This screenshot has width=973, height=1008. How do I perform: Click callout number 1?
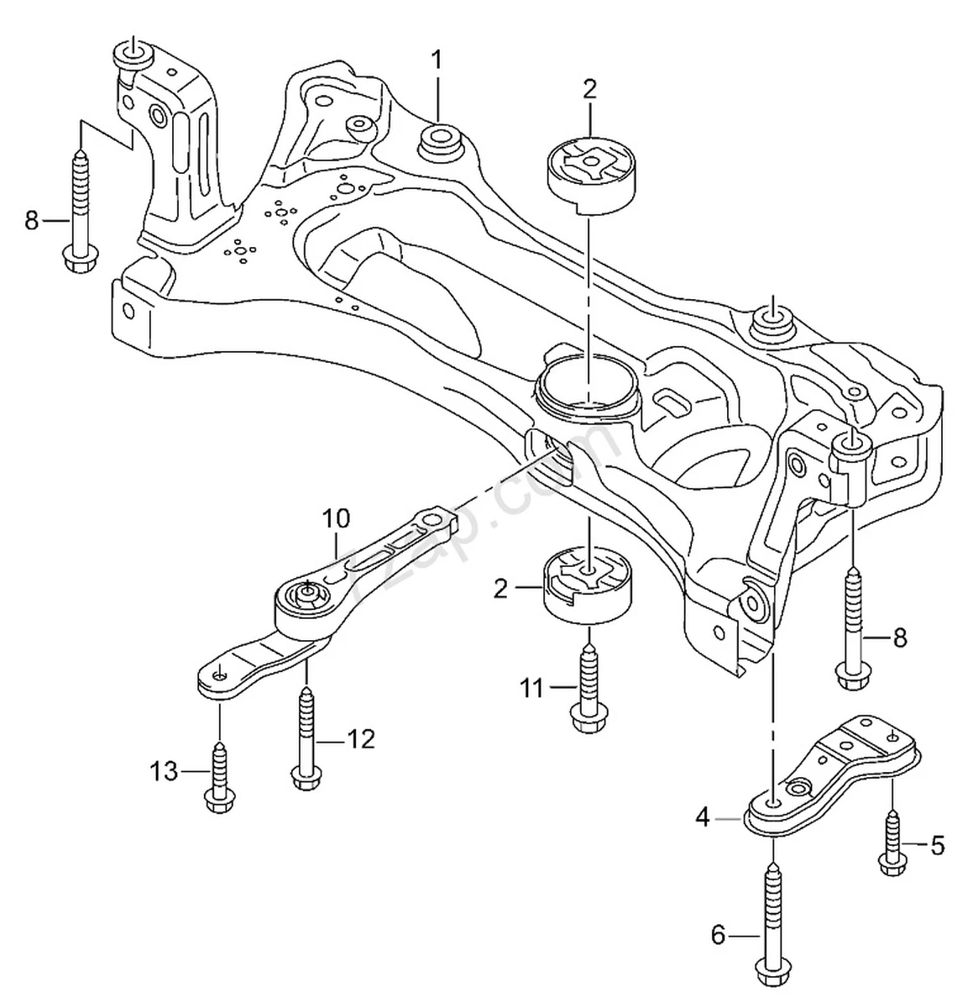coord(437,60)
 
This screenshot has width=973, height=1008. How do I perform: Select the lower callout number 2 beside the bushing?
coord(501,589)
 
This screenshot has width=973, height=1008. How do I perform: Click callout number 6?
coord(718,935)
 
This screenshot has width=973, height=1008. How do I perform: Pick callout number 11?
coord(531,689)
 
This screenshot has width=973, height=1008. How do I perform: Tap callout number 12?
coord(361,739)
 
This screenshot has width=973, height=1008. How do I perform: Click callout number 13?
coord(165,770)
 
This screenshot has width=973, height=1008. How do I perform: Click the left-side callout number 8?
coord(32,221)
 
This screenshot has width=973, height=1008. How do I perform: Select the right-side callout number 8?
coord(899,638)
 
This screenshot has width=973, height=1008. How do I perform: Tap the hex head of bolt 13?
coord(217,801)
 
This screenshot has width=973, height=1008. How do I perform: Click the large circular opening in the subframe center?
coord(587,382)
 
